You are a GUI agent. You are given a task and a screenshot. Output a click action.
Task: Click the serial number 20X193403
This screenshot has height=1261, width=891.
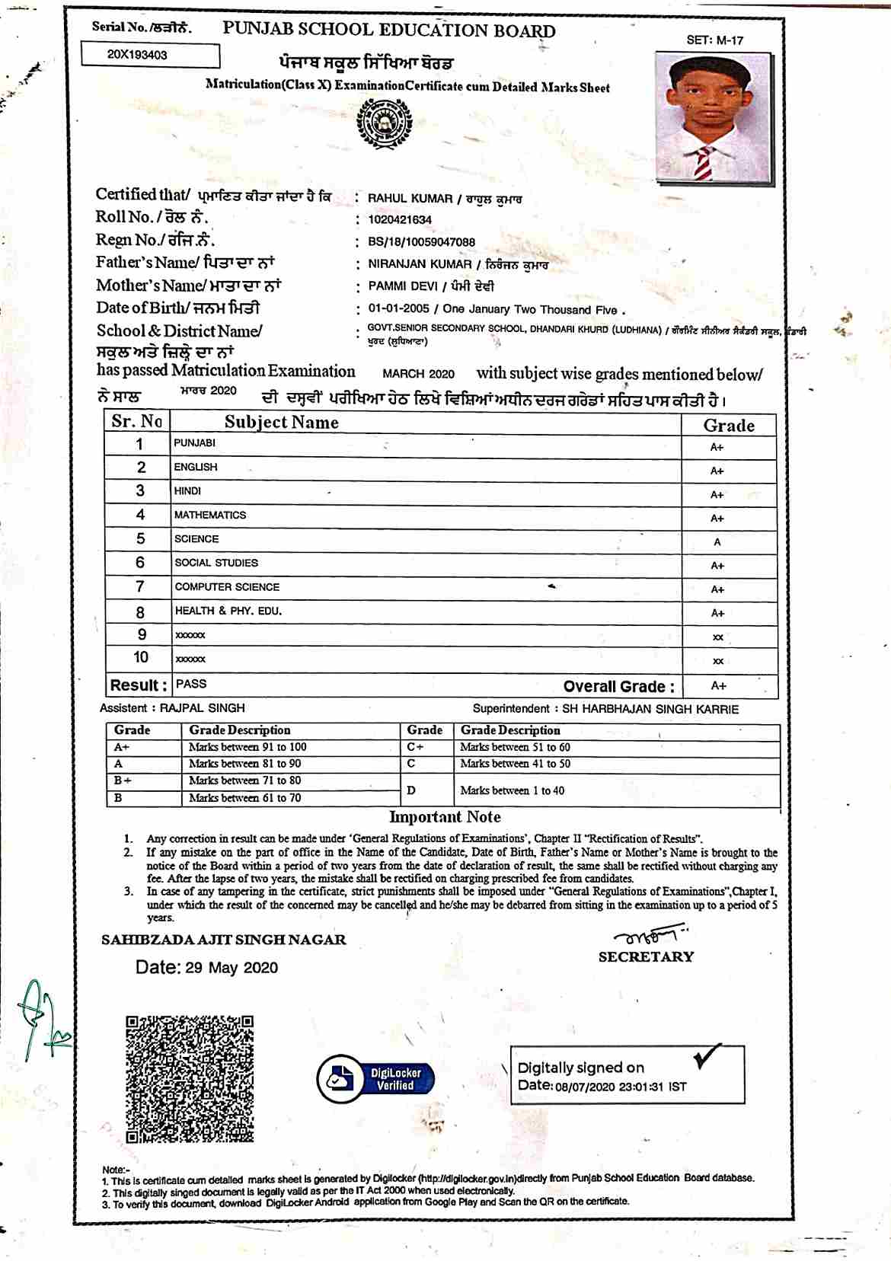138,55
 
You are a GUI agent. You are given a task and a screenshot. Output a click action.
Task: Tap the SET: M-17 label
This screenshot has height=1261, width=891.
714,40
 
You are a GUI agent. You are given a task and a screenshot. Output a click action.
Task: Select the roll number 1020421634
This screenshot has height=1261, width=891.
400,220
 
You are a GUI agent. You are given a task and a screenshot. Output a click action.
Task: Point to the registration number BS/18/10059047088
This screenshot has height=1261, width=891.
421,242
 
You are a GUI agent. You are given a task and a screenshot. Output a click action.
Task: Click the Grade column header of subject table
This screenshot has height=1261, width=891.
728,425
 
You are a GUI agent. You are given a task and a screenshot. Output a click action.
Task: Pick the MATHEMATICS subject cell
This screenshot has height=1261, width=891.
210,516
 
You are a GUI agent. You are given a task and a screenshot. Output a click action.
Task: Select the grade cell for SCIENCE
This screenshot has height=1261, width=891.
717,542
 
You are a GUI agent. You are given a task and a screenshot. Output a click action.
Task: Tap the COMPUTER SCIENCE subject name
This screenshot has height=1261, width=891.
227,587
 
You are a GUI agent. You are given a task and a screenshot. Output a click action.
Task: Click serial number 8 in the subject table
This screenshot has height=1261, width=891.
140,612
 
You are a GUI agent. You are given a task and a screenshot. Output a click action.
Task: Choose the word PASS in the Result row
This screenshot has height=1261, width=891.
191,684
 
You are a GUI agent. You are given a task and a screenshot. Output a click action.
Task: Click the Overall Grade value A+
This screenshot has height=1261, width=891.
718,686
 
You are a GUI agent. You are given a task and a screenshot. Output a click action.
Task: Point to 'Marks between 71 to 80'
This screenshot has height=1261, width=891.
244,781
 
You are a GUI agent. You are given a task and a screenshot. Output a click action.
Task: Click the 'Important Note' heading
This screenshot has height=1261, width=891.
445,817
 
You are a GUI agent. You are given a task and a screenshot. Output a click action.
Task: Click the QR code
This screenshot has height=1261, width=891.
189,1078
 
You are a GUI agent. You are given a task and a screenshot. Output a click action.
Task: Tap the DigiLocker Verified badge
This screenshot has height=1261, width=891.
376,1079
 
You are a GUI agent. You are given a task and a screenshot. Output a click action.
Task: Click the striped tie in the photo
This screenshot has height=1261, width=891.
704,162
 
